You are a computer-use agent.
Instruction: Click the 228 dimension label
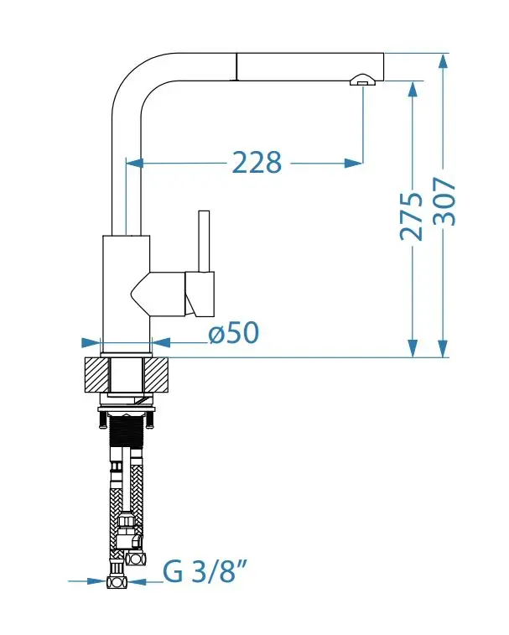click(x=257, y=163)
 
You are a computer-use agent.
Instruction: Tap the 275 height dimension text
click(x=411, y=216)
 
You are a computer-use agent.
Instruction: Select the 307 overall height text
click(x=444, y=201)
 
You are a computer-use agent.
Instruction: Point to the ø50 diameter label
click(x=234, y=332)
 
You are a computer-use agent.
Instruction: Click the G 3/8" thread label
click(x=205, y=571)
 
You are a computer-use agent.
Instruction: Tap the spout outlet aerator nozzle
click(x=363, y=80)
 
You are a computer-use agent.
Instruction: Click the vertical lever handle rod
click(x=204, y=242)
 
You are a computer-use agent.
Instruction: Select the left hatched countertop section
click(x=97, y=375)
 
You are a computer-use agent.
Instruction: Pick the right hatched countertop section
click(x=156, y=375)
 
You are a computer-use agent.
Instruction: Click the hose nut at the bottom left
click(x=117, y=582)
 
